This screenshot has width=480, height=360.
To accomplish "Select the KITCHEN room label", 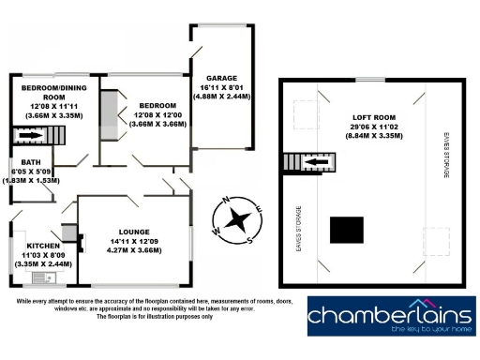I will (43, 246).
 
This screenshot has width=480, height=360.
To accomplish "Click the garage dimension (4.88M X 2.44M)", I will (217, 95).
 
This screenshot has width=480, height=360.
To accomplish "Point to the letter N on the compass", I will (224, 200).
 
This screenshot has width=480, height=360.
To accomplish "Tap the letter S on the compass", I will (251, 240).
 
